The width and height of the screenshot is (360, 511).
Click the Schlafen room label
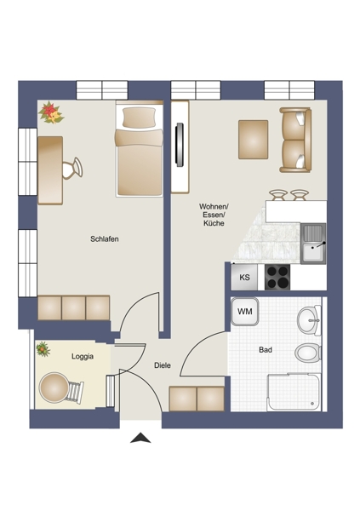point(104,238)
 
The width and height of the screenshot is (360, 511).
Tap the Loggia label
point(83,357)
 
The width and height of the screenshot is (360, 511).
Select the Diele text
point(163,365)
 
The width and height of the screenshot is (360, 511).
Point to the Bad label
point(266,350)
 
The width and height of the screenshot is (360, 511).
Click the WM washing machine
point(245,312)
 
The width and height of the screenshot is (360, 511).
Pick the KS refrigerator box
point(244,277)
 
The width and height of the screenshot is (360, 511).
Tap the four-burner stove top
point(277,277)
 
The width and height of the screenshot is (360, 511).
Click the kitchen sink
point(313,244)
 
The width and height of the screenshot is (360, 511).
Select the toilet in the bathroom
point(308,353)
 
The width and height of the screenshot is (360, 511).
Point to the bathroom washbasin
point(309,319)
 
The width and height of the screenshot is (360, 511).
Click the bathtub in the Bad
point(294,392)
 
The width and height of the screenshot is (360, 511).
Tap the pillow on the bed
point(139,118)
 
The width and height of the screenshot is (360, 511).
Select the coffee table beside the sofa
point(253,140)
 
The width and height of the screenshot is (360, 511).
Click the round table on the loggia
point(54,388)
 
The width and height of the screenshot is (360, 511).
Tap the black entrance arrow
point(140,438)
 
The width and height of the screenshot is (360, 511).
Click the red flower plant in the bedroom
point(51,112)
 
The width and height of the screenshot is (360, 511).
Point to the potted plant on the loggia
point(43,349)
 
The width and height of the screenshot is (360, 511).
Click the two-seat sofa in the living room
point(295,140)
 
